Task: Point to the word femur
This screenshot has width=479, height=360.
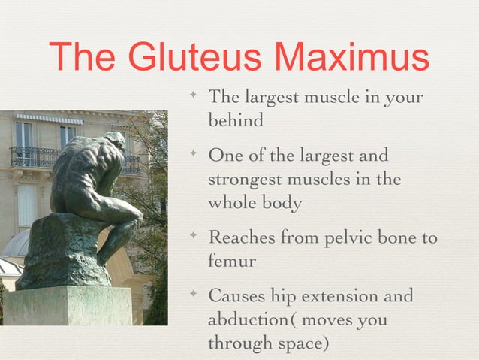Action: (x=231, y=261)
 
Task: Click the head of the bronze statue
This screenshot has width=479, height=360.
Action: (x=115, y=141)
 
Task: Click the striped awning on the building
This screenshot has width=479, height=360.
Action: (x=50, y=119)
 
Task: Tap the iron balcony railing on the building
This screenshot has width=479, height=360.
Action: (x=34, y=157)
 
